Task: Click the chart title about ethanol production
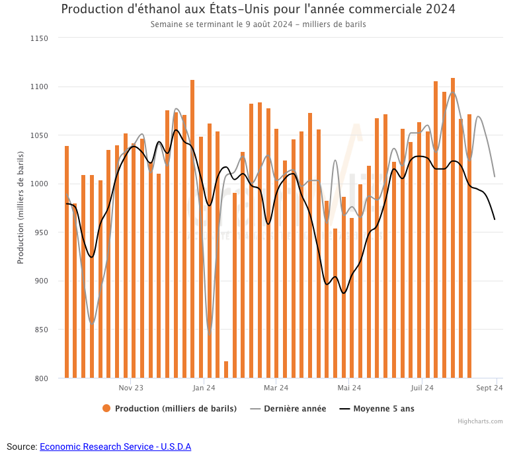(258, 9)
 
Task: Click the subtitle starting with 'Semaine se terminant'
(258, 24)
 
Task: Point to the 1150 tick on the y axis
(40, 38)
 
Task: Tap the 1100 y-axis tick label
(40, 87)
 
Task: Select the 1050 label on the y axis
(40, 135)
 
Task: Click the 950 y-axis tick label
(41, 232)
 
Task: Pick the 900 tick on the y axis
(41, 281)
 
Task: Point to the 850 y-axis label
(41, 330)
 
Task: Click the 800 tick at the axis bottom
(41, 378)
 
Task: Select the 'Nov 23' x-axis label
(131, 388)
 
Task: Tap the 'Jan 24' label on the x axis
(204, 388)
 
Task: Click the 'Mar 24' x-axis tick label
(276, 388)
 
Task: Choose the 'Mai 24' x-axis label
(349, 388)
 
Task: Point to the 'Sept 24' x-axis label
(489, 388)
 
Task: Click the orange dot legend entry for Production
(106, 409)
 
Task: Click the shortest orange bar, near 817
(226, 370)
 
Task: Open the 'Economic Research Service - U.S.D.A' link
(115, 447)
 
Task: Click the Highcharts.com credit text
(480, 421)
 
